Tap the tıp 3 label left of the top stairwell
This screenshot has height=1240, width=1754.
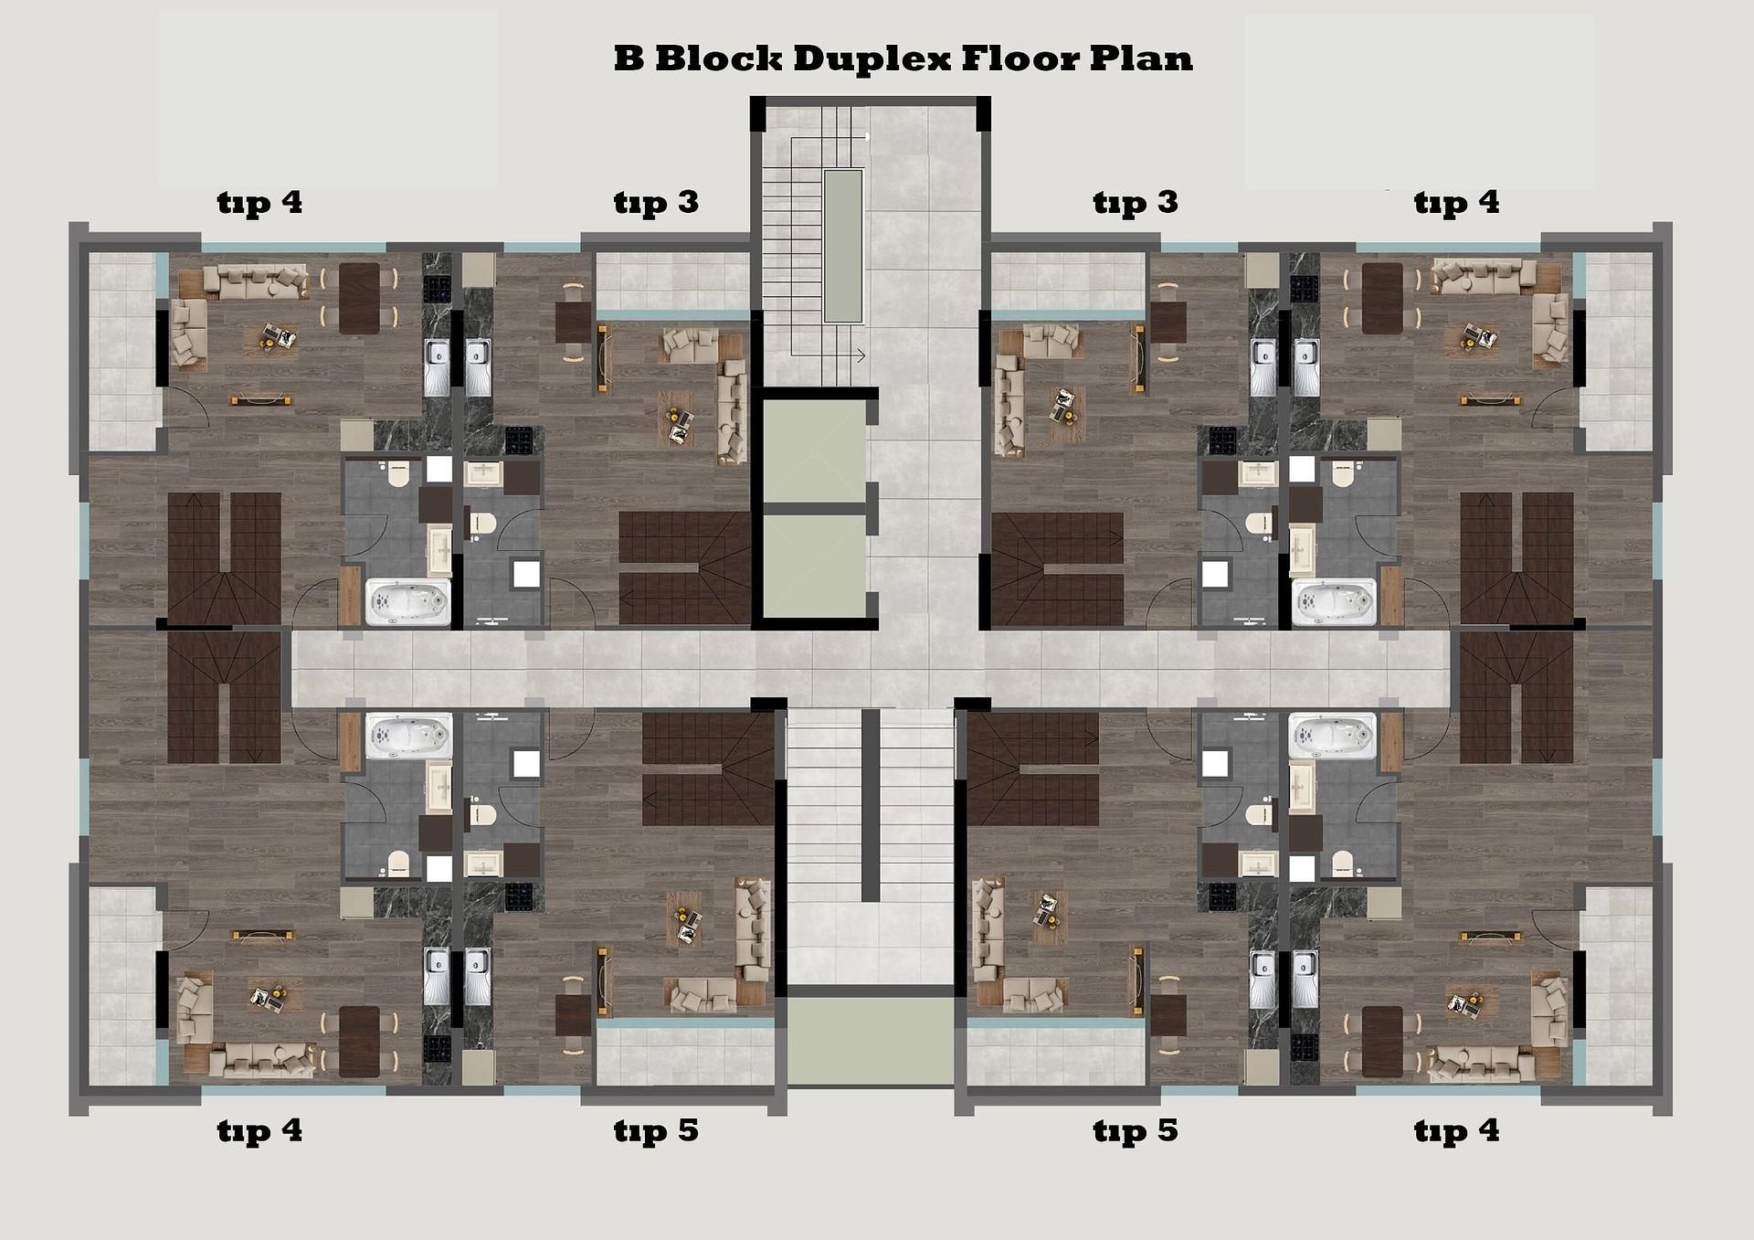tap(656, 202)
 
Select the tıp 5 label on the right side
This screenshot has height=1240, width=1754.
tap(1136, 1131)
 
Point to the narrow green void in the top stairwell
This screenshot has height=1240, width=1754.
tap(843, 245)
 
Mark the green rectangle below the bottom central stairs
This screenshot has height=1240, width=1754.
tap(870, 1040)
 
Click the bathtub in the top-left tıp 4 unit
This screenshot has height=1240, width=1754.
tap(407, 602)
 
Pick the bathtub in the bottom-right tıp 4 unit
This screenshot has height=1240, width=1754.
tap(1331, 736)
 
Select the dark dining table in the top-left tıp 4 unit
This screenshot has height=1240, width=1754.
tap(359, 298)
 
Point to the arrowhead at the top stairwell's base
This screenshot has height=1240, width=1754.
tap(861, 355)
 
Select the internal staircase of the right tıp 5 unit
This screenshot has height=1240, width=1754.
tap(1033, 769)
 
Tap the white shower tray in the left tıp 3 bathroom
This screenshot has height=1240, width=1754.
tap(526, 574)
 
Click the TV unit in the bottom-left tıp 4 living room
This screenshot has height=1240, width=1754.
tap(262, 935)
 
